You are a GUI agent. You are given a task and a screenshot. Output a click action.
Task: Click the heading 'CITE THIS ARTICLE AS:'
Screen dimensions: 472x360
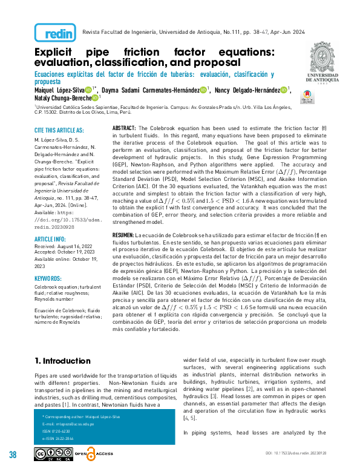pos(59,130)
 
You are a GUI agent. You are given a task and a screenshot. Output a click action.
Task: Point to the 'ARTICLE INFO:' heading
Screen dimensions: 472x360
pos(52,221)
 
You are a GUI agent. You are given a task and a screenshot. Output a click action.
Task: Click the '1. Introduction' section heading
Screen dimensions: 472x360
pos(62,361)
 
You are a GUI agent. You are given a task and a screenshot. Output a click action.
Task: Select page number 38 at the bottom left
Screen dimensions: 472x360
pos(13,454)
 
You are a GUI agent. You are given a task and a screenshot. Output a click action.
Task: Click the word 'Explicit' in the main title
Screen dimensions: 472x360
pos(59,52)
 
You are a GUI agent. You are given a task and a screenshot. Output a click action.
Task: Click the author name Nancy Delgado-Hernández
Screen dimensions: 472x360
pos(252,90)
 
